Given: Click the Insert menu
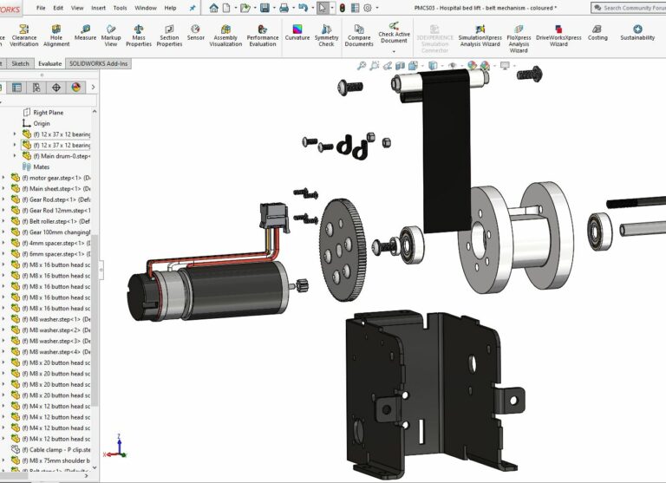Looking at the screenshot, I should click(x=99, y=8).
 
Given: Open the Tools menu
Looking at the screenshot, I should click(x=120, y=8).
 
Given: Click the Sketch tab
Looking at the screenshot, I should click(x=20, y=63).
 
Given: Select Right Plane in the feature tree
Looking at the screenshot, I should click(x=48, y=113).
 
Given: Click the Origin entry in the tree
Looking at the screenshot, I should click(x=41, y=124).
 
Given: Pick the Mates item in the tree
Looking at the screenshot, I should click(x=41, y=166).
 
